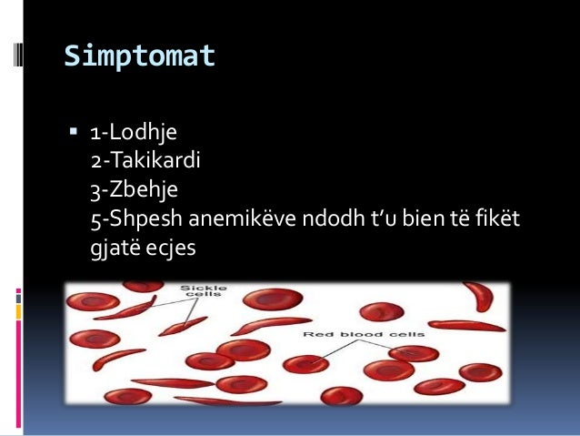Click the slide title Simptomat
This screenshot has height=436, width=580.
coord(139,56)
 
